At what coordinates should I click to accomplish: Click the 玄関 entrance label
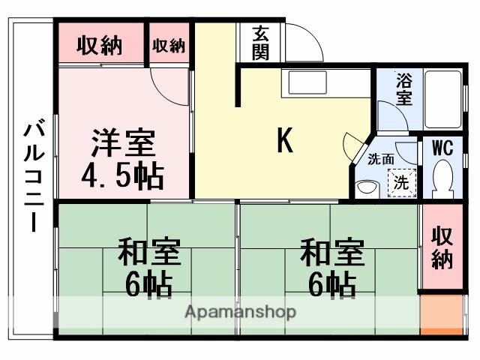261,43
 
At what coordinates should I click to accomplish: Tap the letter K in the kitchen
284,140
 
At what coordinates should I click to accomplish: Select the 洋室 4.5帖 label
123,158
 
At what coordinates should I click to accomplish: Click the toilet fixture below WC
443,179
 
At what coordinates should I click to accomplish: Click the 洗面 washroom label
381,159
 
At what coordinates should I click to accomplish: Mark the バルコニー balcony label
33,177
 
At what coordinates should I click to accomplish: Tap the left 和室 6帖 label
148,267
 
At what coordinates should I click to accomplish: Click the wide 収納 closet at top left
100,46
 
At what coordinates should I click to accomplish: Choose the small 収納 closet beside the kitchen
169,46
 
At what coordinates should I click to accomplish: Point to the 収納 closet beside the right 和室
442,247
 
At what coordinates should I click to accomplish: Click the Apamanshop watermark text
240,312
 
